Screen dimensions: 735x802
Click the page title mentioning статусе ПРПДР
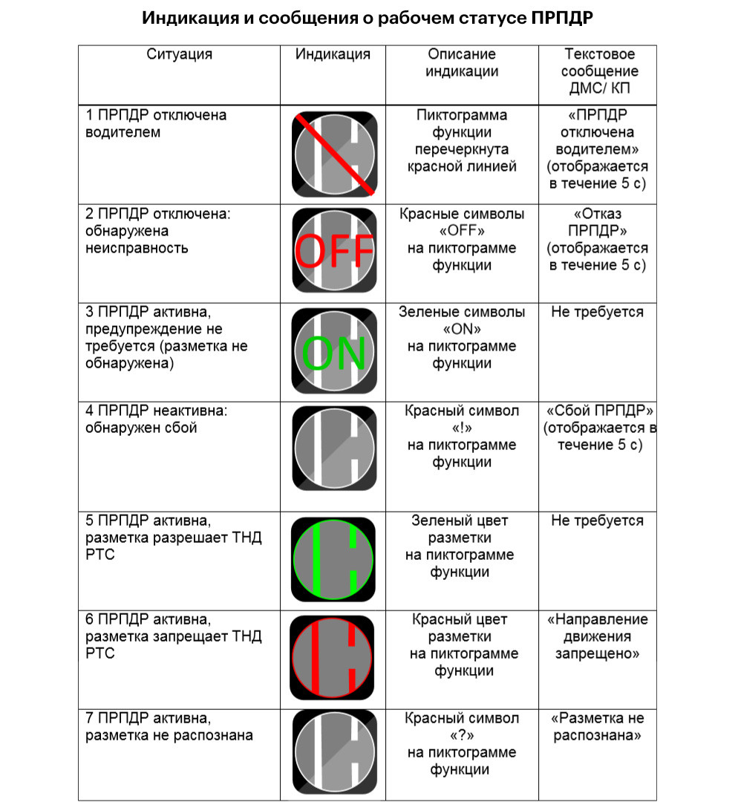(367, 18)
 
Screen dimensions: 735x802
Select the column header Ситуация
(179, 54)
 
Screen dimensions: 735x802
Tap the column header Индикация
(333, 54)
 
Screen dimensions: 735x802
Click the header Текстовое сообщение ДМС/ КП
(599, 71)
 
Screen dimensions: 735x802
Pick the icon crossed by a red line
(335, 154)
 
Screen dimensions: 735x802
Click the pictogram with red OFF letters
(335, 251)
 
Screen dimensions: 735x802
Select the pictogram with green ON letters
(335, 351)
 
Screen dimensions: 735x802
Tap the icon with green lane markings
(333, 560)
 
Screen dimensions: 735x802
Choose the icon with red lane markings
(332, 658)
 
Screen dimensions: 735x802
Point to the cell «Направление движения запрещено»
(598, 636)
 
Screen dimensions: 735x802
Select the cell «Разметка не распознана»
(598, 727)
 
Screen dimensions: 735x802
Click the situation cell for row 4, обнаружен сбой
(156, 419)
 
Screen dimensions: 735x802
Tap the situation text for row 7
(169, 727)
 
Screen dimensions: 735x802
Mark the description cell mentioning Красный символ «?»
(461, 743)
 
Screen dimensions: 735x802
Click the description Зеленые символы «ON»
(461, 338)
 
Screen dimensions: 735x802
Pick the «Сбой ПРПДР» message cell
(599, 428)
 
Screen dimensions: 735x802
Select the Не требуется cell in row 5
(598, 521)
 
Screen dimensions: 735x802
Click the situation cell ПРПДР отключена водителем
(155, 123)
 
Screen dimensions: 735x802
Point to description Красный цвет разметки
(463, 645)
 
